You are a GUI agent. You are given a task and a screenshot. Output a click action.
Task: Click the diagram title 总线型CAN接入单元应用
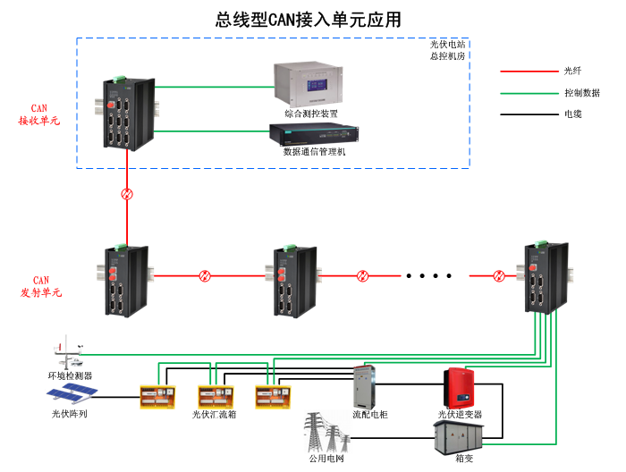(x=308, y=19)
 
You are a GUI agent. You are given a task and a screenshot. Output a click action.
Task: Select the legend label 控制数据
(x=581, y=93)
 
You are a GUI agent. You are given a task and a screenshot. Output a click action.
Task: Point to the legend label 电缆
(x=572, y=114)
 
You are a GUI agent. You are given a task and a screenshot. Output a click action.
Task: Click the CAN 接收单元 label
(x=39, y=114)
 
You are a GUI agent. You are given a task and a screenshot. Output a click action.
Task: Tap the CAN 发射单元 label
(x=39, y=287)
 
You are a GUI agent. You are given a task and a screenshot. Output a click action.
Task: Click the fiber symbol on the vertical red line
(x=127, y=194)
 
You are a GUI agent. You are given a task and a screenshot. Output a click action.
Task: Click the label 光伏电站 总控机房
(x=447, y=49)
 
